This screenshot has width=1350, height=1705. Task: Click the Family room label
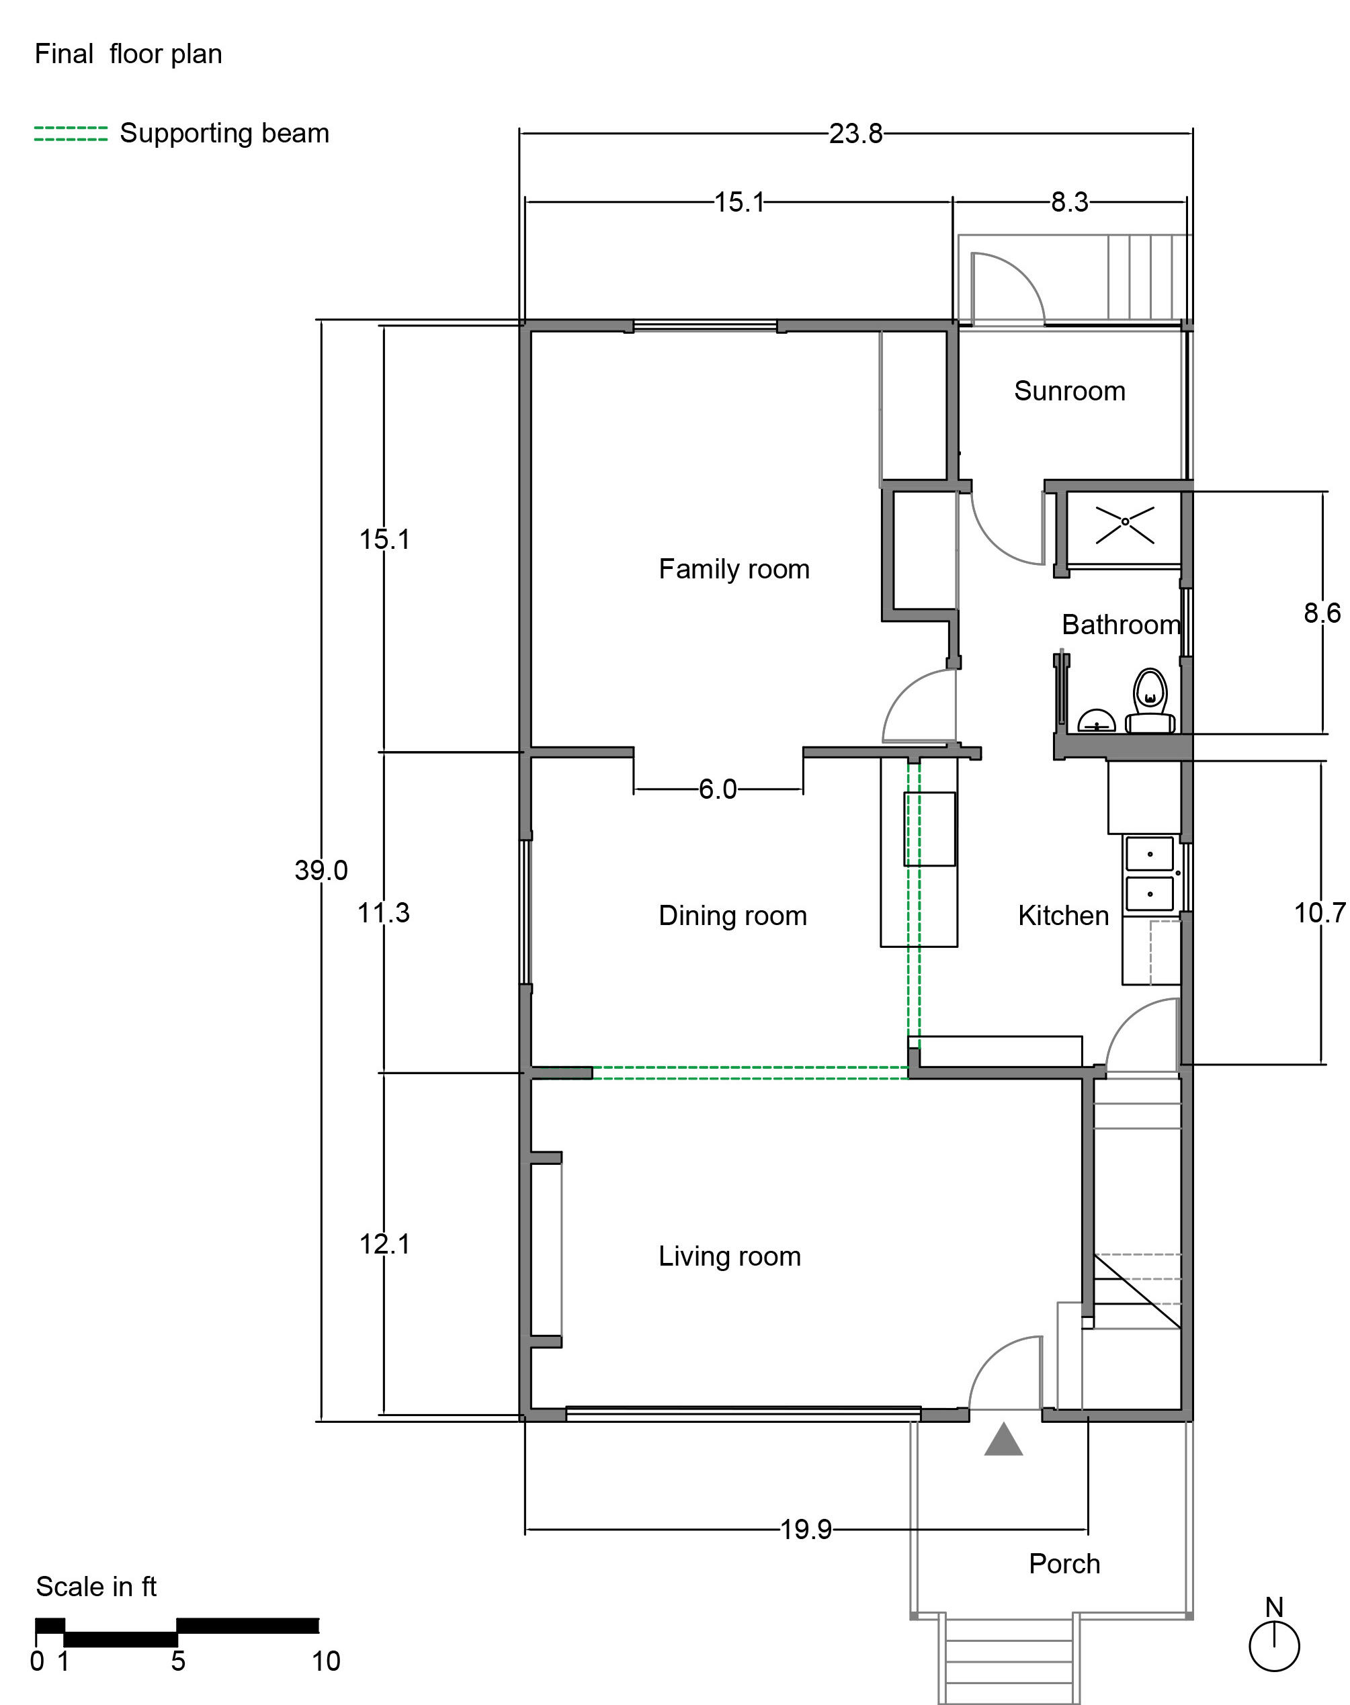(734, 570)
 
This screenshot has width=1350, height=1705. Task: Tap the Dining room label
(732, 916)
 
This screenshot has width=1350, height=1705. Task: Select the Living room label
(730, 1256)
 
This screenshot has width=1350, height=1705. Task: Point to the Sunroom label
(1069, 391)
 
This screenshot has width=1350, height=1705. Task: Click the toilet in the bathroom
(1150, 701)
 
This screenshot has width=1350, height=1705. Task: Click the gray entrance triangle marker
(1004, 1439)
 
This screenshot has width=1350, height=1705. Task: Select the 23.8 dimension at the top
(856, 134)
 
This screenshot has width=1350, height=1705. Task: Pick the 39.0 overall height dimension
(321, 870)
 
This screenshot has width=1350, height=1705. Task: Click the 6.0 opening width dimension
(718, 789)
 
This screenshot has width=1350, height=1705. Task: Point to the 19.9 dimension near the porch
(806, 1530)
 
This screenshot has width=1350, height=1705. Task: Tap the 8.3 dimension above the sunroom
(1069, 202)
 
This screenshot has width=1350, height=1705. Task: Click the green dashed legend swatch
(71, 134)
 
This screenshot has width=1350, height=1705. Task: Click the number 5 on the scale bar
(178, 1661)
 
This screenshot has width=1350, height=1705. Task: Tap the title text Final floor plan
(128, 54)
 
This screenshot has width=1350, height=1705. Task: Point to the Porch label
(1064, 1563)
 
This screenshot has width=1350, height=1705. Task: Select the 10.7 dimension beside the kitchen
(1320, 912)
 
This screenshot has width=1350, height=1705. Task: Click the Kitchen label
(1063, 916)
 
